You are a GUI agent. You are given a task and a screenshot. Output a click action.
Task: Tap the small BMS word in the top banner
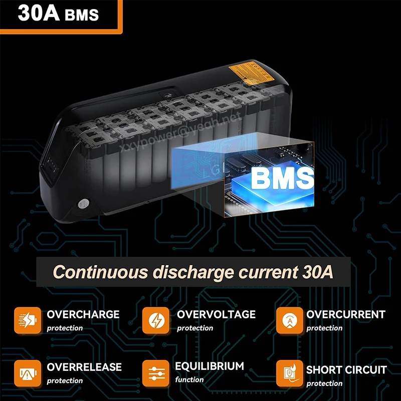[82, 15]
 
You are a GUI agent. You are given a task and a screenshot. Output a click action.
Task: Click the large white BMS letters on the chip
[282, 178]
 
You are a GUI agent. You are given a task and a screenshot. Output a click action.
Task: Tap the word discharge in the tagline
[190, 273]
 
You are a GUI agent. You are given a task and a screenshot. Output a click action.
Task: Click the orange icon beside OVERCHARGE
[27, 320]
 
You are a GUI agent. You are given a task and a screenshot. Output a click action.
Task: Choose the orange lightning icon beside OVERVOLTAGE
[156, 320]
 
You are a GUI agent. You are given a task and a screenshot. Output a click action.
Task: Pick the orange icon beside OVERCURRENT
[289, 320]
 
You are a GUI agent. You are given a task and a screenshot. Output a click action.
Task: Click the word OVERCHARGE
[83, 315]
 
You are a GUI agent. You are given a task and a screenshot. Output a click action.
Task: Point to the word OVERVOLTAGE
[216, 315]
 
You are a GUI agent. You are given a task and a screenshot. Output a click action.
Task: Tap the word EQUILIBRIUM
[210, 366]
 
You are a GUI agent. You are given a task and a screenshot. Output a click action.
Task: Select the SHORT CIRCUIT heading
[346, 370]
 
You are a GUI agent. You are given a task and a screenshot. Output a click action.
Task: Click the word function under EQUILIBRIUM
[189, 379]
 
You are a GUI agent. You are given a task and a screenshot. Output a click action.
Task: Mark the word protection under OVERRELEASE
[65, 381]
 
